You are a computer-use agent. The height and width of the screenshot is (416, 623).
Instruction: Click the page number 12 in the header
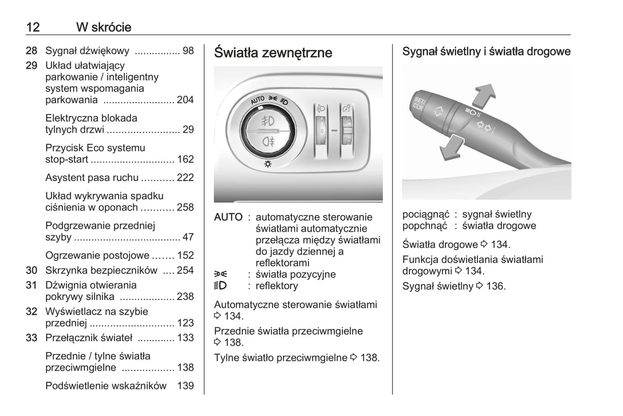33,27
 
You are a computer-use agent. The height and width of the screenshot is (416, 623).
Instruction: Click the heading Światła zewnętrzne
273,53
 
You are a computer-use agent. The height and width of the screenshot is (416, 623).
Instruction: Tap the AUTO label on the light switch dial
257,100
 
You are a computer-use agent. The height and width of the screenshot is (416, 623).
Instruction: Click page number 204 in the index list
185,100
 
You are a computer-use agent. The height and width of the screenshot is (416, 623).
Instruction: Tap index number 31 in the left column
31,285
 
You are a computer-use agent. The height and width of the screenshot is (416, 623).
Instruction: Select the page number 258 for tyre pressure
185,207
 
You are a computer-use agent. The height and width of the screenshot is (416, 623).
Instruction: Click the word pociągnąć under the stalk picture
426,214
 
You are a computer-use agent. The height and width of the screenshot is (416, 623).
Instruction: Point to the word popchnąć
425,226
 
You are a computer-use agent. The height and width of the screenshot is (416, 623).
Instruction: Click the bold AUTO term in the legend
228,217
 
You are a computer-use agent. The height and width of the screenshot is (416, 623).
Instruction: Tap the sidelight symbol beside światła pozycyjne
220,274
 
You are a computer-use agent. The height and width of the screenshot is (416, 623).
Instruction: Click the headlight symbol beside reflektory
220,286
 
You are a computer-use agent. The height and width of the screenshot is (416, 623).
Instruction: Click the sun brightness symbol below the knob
268,164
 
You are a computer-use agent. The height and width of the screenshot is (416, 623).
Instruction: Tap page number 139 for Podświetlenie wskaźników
185,386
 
